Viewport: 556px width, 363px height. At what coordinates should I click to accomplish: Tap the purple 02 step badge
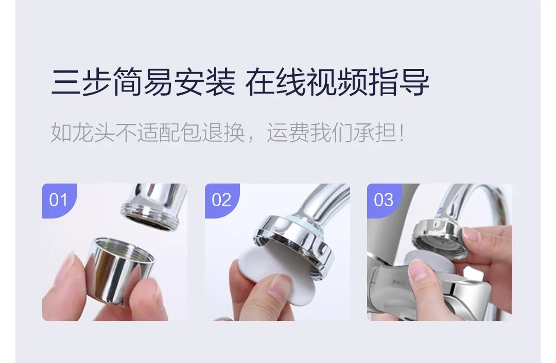pos(221,199)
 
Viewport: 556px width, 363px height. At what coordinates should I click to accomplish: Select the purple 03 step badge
pos(384,199)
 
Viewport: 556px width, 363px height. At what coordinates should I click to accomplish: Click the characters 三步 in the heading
pos(81,83)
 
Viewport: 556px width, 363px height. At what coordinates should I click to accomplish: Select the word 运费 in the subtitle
pos(288,133)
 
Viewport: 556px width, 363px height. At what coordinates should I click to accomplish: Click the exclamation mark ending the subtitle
pos(402,133)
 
